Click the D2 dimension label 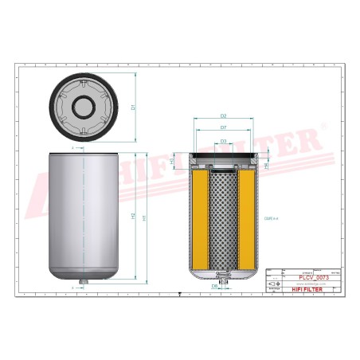click(x=223, y=116)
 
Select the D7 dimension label click(x=223, y=127)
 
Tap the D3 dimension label click(x=223, y=141)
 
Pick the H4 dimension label click(x=266, y=165)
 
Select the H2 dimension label click(x=133, y=217)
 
